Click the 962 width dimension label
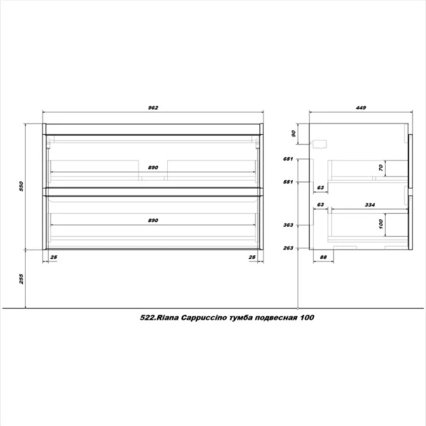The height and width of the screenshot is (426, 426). point(153,108)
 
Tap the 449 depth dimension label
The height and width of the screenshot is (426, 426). point(361,108)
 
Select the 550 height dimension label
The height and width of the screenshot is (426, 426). point(21,186)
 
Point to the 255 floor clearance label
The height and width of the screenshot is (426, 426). point(21,279)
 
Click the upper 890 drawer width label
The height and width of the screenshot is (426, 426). point(153,167)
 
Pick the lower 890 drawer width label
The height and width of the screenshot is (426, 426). point(153,220)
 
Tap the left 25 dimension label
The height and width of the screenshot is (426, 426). point(54,257)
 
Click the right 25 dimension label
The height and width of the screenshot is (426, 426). point(252,257)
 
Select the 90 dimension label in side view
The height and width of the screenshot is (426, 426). point(293,134)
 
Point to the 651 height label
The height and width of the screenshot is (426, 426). point(288,159)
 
